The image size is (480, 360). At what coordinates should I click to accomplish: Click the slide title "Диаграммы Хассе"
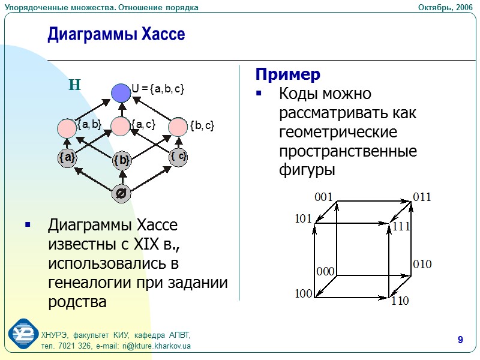click(116, 35)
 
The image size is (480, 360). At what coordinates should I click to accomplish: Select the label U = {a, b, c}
click(158, 89)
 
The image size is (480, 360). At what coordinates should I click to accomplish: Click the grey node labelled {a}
click(67, 158)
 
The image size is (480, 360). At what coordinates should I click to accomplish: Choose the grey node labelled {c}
click(178, 157)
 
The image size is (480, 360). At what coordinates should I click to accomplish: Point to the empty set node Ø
click(121, 194)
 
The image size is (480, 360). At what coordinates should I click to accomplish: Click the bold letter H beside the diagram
click(74, 85)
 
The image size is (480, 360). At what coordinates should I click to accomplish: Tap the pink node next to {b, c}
click(178, 127)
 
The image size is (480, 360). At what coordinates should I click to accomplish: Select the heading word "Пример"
click(288, 74)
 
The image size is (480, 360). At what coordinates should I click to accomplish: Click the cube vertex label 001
click(323, 197)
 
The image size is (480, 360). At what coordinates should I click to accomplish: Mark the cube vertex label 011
click(422, 197)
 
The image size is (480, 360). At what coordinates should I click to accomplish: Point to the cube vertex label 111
click(401, 226)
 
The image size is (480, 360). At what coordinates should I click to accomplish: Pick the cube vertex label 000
click(325, 271)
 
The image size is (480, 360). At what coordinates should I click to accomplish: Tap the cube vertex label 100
click(304, 294)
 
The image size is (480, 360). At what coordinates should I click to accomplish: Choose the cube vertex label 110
click(400, 301)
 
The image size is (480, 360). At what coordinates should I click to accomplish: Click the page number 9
click(460, 341)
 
